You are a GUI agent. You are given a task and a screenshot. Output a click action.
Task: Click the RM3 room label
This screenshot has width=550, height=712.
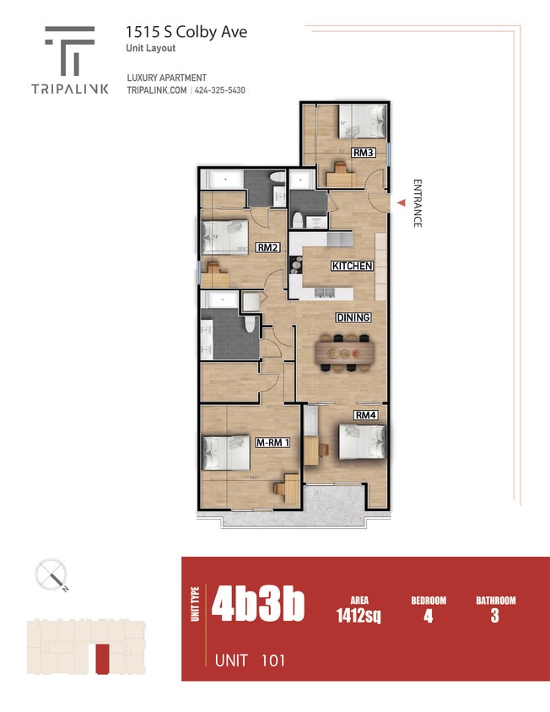(x=364, y=153)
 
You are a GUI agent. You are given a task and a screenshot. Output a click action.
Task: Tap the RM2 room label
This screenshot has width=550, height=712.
(x=268, y=248)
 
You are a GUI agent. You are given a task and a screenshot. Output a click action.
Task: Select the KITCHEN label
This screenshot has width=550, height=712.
(x=352, y=266)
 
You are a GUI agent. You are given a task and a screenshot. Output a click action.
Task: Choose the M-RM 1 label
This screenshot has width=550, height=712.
(x=272, y=442)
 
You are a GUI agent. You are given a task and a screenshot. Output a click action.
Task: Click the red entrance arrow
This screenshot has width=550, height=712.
(x=401, y=202)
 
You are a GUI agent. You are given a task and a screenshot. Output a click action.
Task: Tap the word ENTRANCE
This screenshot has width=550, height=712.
(x=416, y=203)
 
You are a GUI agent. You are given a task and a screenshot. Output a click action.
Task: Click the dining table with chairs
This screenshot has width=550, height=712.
(x=346, y=353)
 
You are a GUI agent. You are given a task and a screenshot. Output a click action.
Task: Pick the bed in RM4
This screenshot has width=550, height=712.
(x=361, y=442)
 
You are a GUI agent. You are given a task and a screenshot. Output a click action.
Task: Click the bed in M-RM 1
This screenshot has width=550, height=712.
(x=225, y=455)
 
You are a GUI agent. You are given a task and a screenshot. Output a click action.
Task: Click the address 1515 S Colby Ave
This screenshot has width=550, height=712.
(x=186, y=32)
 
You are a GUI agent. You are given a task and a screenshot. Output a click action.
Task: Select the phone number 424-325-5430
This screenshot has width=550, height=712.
(x=220, y=90)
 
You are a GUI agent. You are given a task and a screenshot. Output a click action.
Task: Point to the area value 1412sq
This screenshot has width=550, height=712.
(x=359, y=617)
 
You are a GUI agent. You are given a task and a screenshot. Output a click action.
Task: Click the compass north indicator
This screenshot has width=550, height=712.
(x=52, y=576)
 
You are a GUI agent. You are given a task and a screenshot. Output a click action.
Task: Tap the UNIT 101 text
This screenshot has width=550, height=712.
(x=250, y=660)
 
